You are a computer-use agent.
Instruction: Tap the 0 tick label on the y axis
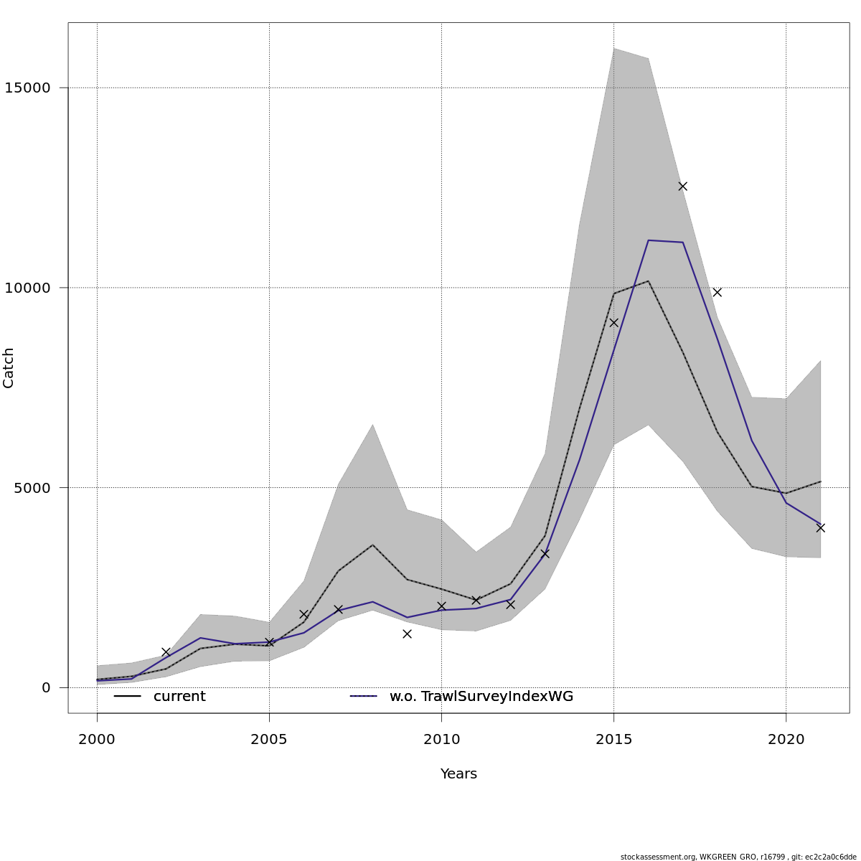click(46, 687)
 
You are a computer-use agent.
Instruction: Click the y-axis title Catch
click(9, 367)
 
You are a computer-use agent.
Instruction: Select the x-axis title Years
click(458, 774)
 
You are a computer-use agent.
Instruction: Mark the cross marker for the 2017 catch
click(682, 186)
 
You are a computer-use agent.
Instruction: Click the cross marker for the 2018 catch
click(717, 292)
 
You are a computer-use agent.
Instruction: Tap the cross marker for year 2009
click(407, 634)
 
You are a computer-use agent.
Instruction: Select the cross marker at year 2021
click(820, 527)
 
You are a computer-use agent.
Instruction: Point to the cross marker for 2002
click(166, 651)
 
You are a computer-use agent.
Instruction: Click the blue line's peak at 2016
click(649, 240)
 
